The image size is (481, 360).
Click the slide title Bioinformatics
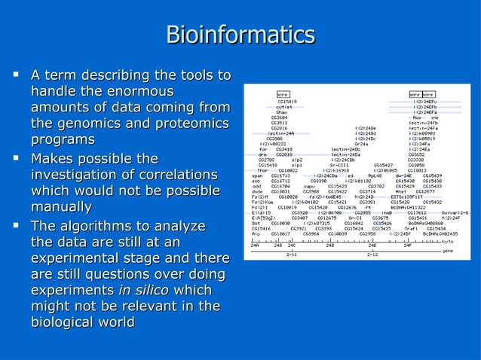point(240,35)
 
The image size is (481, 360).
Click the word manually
point(61,206)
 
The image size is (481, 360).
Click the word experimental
point(75,259)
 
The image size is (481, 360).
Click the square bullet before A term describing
point(15,75)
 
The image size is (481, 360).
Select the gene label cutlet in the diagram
point(284,106)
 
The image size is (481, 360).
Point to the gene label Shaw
point(280,112)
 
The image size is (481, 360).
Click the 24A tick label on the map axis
point(255,246)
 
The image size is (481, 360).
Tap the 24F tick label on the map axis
point(407,246)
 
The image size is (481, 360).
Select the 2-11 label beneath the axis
point(291,255)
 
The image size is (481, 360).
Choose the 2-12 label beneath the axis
point(372,255)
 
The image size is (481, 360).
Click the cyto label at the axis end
point(448,241)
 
